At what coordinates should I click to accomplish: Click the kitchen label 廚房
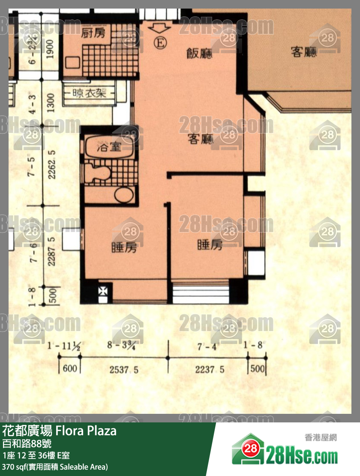click(x=93, y=33)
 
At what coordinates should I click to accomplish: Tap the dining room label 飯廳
click(x=199, y=53)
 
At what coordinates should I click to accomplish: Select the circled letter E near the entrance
click(x=159, y=43)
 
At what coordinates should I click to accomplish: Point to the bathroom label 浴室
click(x=108, y=149)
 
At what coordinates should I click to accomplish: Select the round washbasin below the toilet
click(x=124, y=195)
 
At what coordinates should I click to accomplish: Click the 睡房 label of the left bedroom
click(x=124, y=247)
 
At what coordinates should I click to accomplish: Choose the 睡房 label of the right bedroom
click(x=210, y=245)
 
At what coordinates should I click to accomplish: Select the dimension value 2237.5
click(x=210, y=369)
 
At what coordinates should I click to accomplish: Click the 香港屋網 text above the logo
click(x=321, y=437)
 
